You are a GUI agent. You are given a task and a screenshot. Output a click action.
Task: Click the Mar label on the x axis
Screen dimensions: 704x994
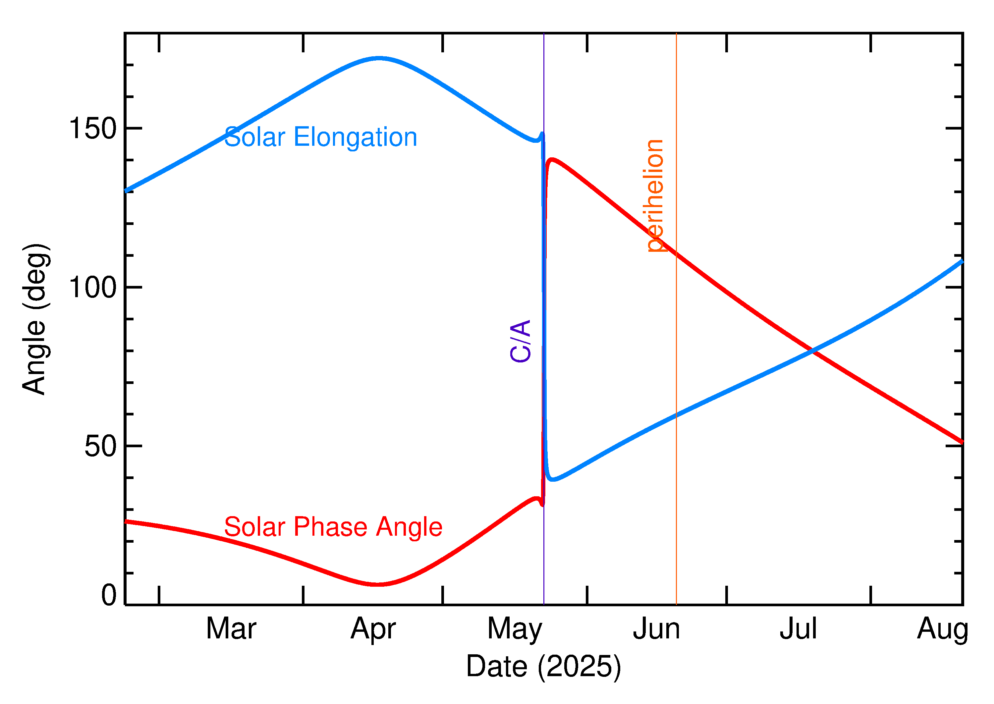[x=231, y=629]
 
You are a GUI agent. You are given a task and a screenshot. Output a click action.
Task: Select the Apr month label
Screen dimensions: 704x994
[x=373, y=629]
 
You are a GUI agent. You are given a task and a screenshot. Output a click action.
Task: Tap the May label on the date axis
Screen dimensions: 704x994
[x=515, y=629]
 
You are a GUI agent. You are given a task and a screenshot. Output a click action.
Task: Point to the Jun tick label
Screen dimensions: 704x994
[x=656, y=629]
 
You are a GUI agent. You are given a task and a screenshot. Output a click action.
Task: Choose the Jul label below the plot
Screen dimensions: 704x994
[x=798, y=629]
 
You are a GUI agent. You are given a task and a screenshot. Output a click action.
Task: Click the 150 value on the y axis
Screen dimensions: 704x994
[x=93, y=129]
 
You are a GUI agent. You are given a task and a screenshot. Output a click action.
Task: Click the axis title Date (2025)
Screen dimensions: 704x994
[x=543, y=666]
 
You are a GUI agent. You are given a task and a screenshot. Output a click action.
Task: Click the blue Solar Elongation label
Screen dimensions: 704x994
[x=320, y=137]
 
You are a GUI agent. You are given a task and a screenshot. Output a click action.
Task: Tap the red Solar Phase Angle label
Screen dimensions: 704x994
[x=333, y=527]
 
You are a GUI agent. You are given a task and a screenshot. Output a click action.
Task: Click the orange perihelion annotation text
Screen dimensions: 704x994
[x=655, y=195]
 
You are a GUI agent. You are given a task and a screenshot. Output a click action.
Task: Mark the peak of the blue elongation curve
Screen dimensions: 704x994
[x=379, y=58]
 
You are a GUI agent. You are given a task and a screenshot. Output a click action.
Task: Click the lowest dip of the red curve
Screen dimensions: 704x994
[x=378, y=584]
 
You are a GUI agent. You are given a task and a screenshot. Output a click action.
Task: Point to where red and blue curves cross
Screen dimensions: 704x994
[x=813, y=351]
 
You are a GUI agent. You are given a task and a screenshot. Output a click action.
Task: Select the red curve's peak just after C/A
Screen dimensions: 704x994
[x=552, y=160]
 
